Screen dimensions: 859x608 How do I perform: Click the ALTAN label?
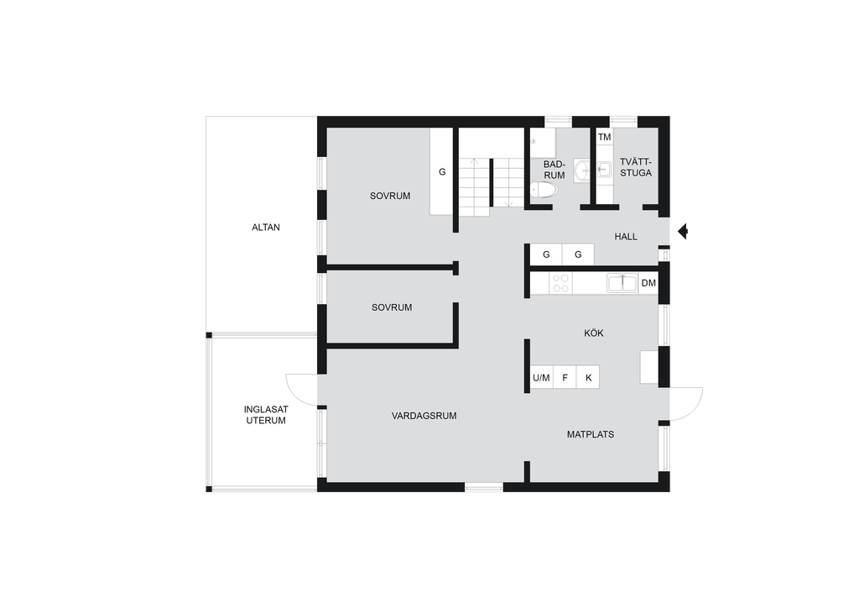[266, 228]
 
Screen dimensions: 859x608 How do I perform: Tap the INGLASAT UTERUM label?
[266, 415]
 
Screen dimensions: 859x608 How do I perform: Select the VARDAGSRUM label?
[424, 417]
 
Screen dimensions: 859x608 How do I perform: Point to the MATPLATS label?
[591, 435]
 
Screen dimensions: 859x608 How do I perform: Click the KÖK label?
[594, 333]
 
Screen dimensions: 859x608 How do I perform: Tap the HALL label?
[626, 237]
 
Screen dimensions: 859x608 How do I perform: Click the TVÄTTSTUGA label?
[636, 167]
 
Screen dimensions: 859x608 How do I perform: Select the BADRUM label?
[554, 170]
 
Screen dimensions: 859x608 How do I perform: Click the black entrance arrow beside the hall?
[683, 232]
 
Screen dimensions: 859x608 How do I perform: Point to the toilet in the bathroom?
[544, 191]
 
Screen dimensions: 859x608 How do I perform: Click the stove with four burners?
[560, 284]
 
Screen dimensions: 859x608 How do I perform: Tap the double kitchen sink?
[622, 284]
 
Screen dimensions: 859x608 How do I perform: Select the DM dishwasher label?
[648, 284]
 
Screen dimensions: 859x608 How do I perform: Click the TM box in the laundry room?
[604, 137]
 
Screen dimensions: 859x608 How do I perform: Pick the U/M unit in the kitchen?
[541, 377]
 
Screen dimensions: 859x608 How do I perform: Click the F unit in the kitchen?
[565, 377]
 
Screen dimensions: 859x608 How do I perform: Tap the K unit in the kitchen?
[588, 377]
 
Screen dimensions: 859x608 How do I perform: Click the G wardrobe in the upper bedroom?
[441, 171]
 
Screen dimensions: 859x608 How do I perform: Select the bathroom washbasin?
[582, 170]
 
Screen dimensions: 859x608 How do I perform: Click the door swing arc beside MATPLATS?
[692, 411]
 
